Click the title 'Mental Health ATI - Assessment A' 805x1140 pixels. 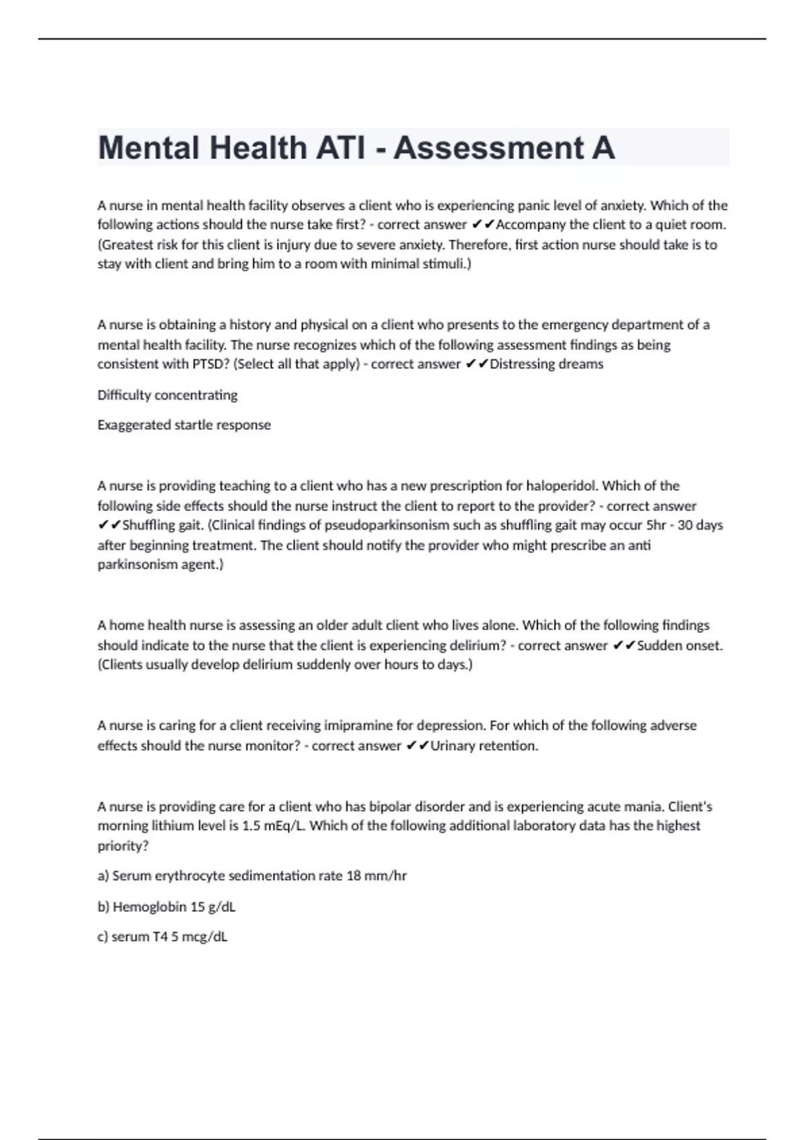[x=356, y=148]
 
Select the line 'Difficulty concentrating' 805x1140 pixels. [x=167, y=395]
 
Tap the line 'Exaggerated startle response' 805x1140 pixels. [x=184, y=425]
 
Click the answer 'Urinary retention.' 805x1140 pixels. [x=484, y=746]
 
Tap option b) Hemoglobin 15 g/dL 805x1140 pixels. [x=166, y=907]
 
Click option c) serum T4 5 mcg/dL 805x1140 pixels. [x=162, y=937]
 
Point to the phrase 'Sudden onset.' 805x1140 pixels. [x=680, y=646]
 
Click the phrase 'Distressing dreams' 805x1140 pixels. [x=546, y=364]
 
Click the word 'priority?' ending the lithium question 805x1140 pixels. [x=123, y=846]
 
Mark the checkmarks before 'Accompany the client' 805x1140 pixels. [x=483, y=225]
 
